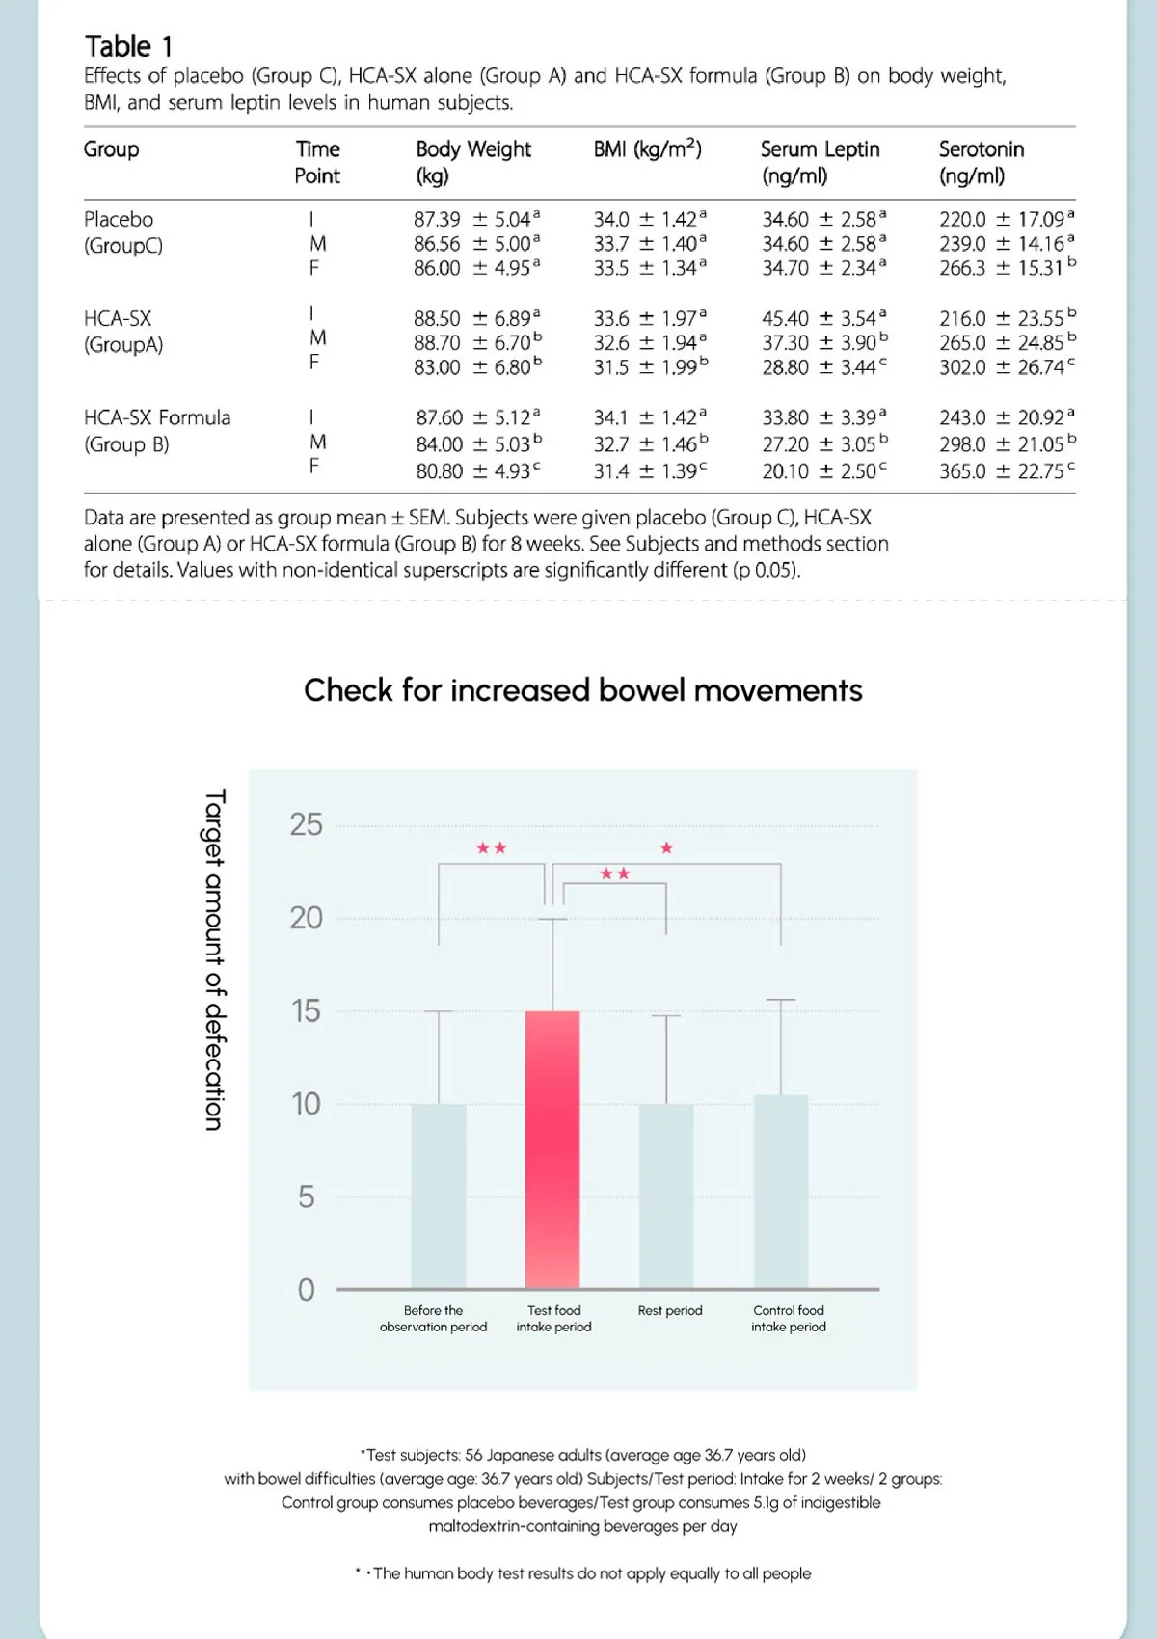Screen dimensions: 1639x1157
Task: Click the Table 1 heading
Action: coord(129,46)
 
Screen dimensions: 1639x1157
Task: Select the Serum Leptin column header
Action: coord(820,162)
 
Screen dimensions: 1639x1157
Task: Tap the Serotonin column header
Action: coord(981,162)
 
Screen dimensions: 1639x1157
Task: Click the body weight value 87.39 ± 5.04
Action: coord(476,220)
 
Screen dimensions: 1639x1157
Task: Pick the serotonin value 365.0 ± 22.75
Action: coord(1006,471)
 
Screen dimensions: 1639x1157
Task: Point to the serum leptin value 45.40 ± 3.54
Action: coord(823,318)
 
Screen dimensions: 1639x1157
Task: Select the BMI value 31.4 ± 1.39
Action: coord(650,471)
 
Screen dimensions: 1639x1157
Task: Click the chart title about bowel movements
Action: coord(582,690)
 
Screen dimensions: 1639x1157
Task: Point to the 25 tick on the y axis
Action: coord(307,824)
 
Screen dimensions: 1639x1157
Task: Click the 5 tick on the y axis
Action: coord(307,1196)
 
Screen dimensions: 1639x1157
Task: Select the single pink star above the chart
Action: coord(666,848)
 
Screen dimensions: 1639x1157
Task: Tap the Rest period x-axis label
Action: coord(670,1311)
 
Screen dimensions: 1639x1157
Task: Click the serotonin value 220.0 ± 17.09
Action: coord(1006,220)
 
